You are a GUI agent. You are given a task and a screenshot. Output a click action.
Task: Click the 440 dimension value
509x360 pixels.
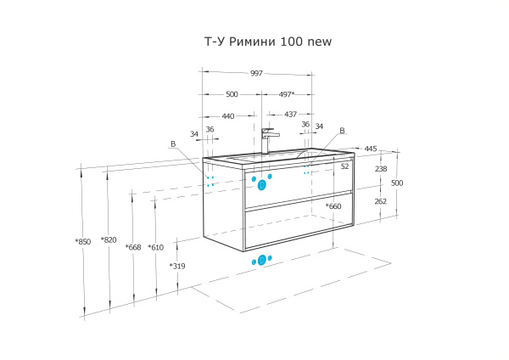coord(228,115)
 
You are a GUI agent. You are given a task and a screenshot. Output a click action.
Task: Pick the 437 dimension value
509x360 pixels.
coord(290,115)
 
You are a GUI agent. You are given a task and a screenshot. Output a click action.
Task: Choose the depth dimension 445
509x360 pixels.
coord(370,149)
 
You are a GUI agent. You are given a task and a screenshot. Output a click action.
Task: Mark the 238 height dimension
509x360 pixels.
coord(380,169)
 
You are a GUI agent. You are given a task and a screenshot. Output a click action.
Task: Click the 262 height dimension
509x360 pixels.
coord(380,201)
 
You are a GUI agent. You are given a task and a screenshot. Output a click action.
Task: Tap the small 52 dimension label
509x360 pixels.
coord(344,166)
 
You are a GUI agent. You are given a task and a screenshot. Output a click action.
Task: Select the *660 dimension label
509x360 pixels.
coord(333,206)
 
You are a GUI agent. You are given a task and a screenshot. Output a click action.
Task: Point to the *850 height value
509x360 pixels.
coord(82,242)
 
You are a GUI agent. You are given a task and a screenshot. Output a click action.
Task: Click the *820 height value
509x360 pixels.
coord(108,239)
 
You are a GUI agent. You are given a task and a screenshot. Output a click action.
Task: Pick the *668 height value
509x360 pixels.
coord(132,247)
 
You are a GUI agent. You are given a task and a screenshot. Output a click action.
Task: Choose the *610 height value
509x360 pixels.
coord(155,247)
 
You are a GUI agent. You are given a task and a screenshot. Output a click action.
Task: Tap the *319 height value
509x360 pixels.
coord(176,266)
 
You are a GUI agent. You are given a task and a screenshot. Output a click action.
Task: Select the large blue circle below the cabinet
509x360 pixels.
coord(262,260)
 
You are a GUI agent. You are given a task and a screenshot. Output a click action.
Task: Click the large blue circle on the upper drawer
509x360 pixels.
coord(262,184)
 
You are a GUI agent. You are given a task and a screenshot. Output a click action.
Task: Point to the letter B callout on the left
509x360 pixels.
coord(173,144)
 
